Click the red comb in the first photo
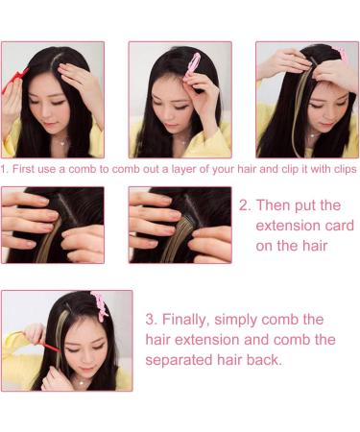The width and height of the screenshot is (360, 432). tap(14, 79)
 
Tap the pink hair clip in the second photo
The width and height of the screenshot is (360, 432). tap(192, 66)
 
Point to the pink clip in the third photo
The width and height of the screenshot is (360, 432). tap(341, 53)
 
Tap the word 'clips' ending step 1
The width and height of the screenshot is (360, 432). tap(345, 169)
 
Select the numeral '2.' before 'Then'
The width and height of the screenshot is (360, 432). tap(245, 205)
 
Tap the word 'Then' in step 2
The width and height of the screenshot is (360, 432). tap(273, 205)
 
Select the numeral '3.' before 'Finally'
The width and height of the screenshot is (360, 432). tap(152, 320)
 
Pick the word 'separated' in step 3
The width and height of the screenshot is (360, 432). tap(179, 360)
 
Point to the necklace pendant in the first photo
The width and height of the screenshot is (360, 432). tap(63, 143)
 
